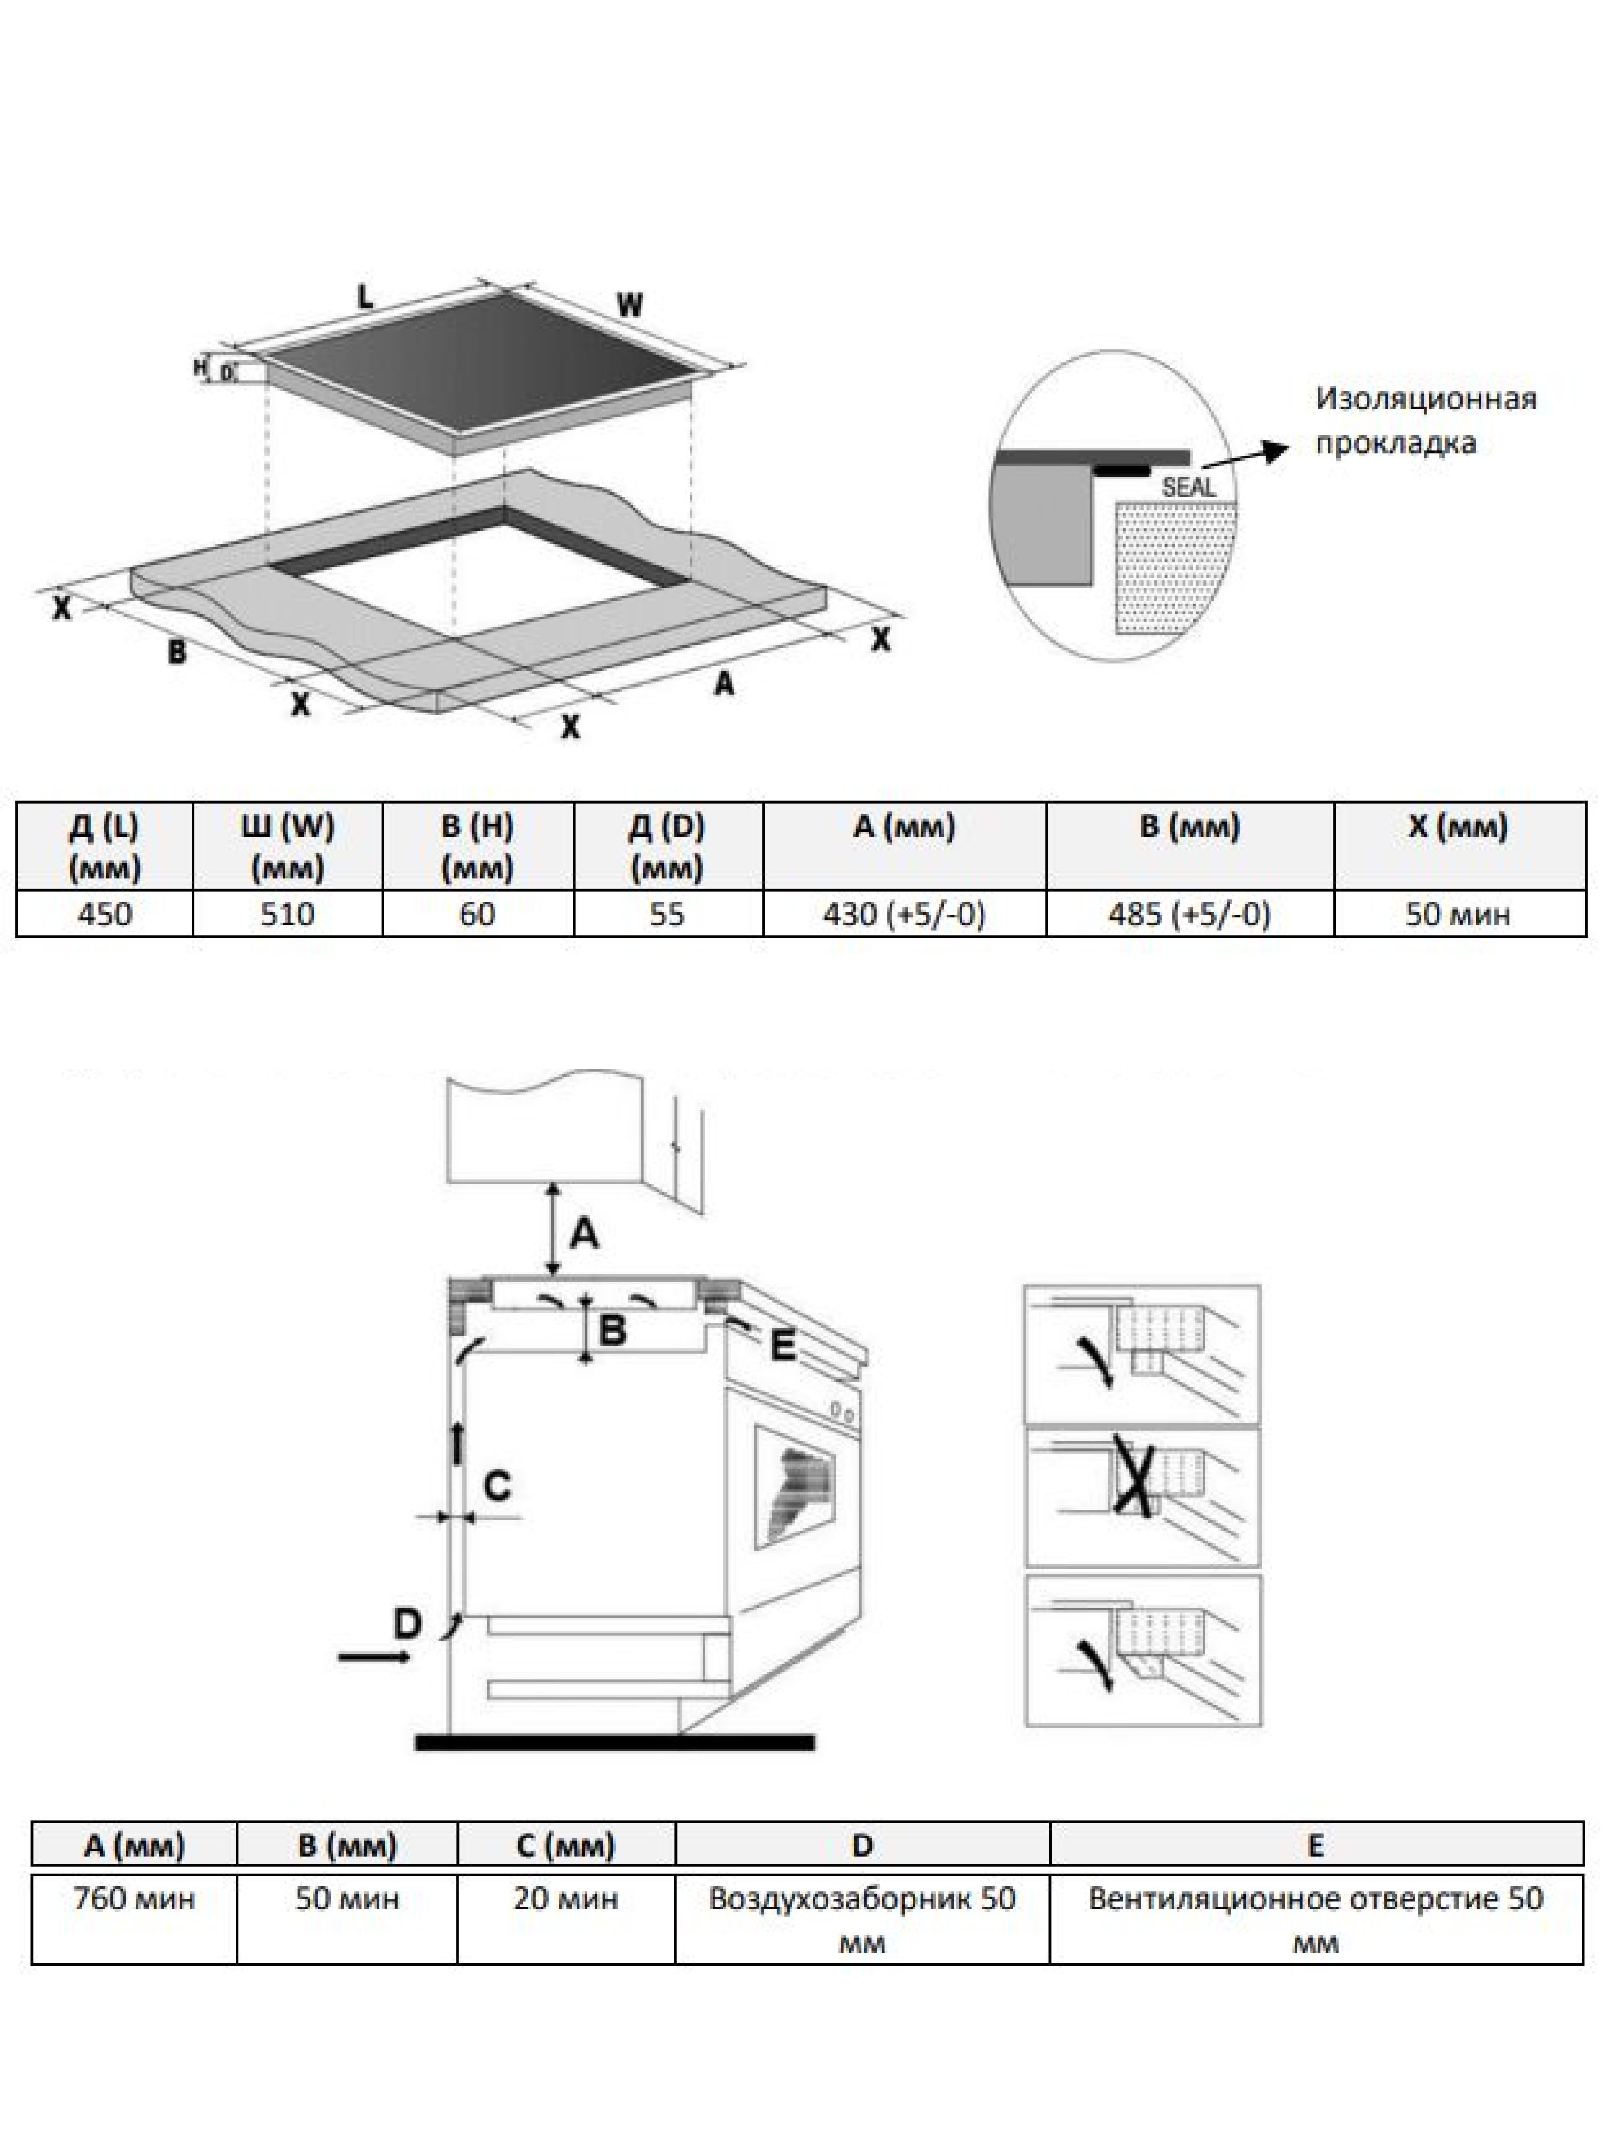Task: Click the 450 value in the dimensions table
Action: [104, 913]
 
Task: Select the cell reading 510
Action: [287, 913]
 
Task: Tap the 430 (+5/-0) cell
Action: [905, 913]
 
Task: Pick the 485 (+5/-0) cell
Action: [1189, 913]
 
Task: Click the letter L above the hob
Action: [365, 298]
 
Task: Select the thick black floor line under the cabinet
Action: [614, 1742]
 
